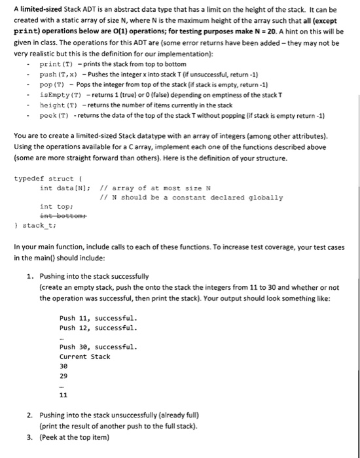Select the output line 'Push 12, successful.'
pyautogui.click(x=98, y=328)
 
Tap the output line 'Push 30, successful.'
pyautogui.click(x=98, y=347)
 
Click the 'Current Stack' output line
pyautogui.click(x=85, y=357)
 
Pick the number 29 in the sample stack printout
pyautogui.click(x=63, y=376)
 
